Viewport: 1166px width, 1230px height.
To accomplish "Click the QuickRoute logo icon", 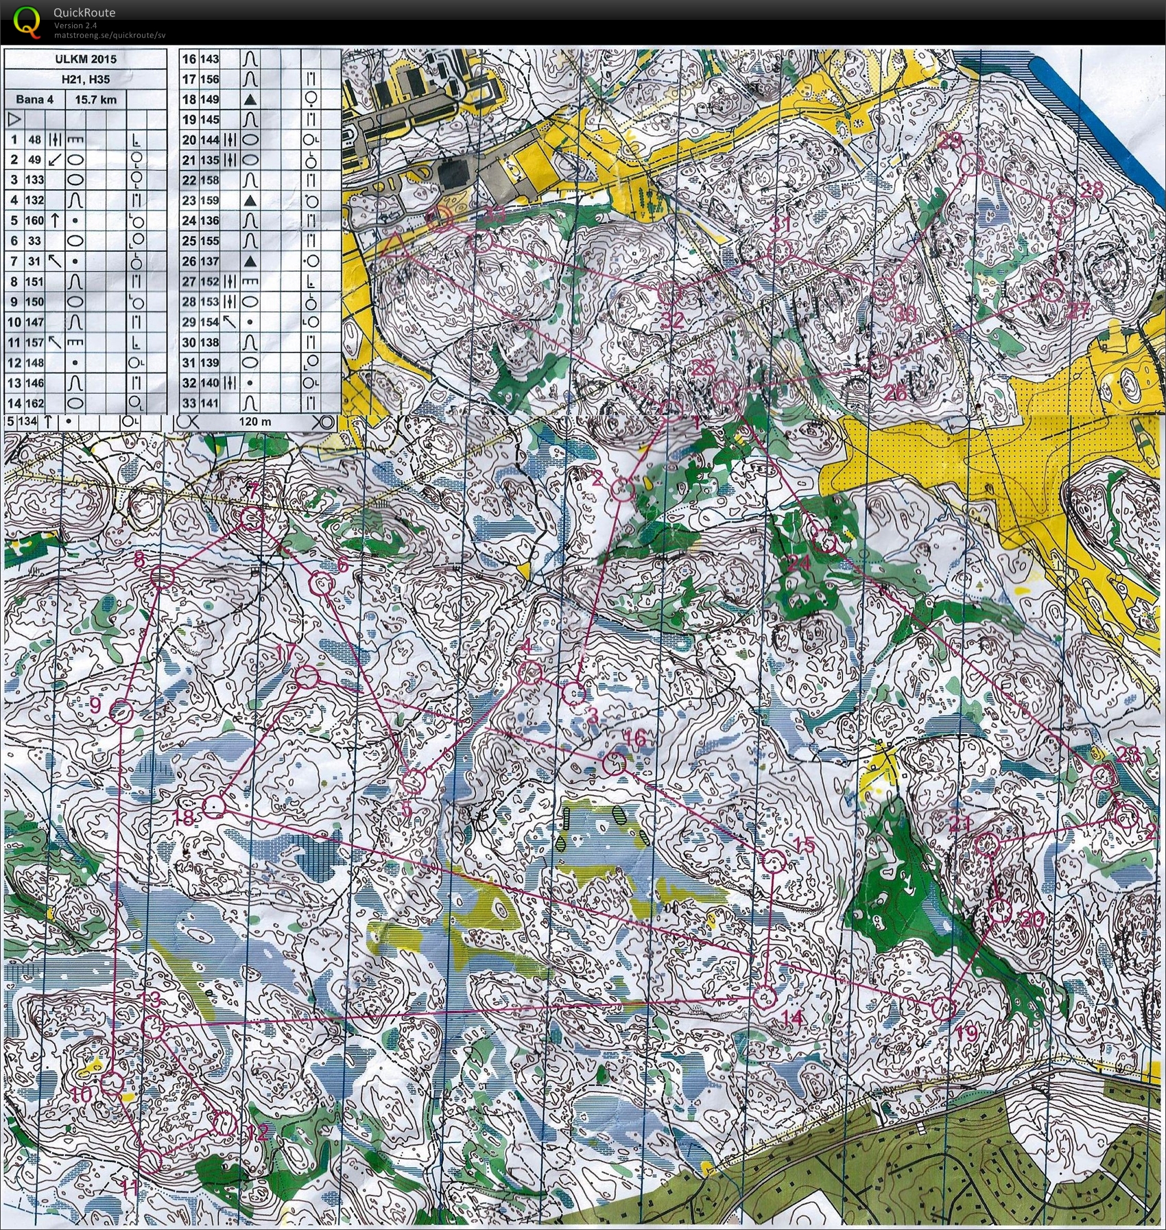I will (27, 21).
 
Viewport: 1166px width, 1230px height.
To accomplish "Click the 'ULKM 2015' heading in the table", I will (86, 59).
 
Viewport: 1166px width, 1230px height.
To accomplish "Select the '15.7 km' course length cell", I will (95, 99).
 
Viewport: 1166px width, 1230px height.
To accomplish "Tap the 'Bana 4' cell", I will (34, 99).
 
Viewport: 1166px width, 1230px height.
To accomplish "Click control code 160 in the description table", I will (35, 221).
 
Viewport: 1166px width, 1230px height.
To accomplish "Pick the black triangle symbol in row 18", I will (250, 99).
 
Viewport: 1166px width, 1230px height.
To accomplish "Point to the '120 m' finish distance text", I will (254, 421).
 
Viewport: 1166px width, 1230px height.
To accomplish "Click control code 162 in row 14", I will (35, 403).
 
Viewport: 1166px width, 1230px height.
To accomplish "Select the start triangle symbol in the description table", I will (14, 119).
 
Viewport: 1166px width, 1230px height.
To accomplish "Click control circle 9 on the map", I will (121, 713).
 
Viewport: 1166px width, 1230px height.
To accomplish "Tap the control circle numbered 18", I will (215, 806).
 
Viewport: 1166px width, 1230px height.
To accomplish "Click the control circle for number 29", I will (971, 164).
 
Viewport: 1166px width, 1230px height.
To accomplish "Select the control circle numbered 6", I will (322, 584).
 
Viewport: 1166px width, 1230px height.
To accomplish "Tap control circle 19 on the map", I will (944, 1008).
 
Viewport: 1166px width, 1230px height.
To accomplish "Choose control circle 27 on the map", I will (1051, 291).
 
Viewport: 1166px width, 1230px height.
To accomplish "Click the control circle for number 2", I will (621, 490).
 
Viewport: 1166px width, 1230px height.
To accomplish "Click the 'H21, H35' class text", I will (86, 79).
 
